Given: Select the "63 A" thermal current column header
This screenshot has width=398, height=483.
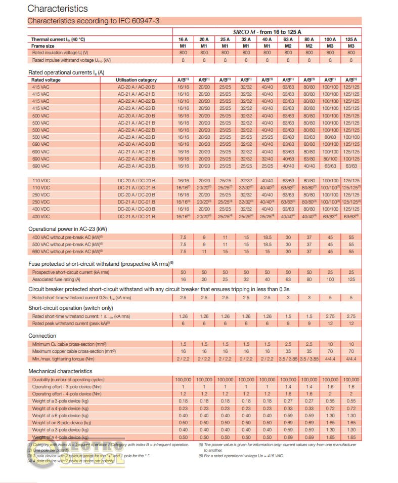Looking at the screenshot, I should [288, 39].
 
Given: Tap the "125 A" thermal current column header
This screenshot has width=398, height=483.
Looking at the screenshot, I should [350, 39].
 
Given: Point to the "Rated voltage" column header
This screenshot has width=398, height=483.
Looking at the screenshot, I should [46, 80].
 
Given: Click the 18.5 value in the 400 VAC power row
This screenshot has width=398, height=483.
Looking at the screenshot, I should [267, 237].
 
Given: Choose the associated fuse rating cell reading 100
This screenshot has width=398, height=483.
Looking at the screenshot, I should [329, 279].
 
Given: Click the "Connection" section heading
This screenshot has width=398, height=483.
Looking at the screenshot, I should [42, 336].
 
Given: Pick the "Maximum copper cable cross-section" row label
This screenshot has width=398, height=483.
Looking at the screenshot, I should [74, 351].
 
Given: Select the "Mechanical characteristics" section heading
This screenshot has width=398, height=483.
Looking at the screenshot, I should [60, 371].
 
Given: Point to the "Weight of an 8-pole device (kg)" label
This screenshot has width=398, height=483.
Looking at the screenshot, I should [61, 422].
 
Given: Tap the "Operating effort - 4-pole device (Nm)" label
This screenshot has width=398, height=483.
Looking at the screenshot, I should [67, 393].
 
